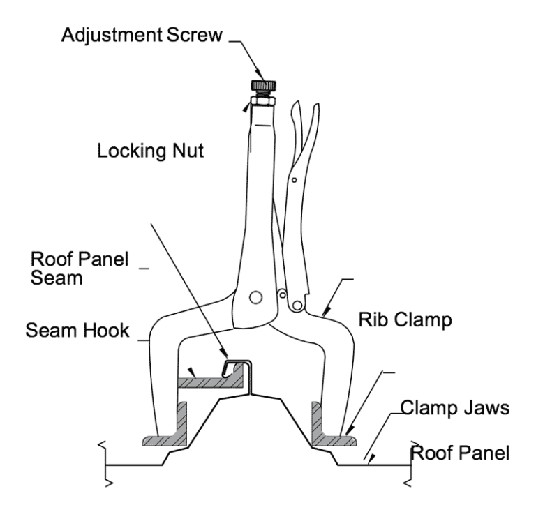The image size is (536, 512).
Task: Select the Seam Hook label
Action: pyautogui.click(x=78, y=331)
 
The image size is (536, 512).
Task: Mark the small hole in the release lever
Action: pyautogui.click(x=295, y=179)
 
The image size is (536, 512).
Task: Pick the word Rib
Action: pyautogui.click(x=371, y=320)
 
